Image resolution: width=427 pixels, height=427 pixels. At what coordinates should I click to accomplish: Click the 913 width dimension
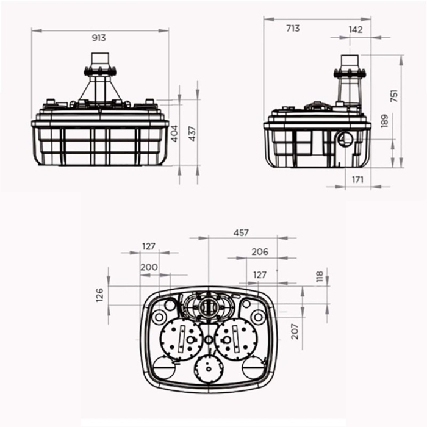tap(99, 38)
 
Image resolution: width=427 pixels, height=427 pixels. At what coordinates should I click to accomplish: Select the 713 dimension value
tap(293, 28)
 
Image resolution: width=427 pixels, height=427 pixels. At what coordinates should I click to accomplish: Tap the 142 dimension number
tap(356, 29)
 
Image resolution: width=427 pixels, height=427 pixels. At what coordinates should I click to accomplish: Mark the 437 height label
tap(193, 134)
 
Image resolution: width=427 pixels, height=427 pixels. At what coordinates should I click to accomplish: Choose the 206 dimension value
tap(260, 251)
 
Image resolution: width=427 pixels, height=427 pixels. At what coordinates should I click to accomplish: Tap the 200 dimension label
tap(148, 267)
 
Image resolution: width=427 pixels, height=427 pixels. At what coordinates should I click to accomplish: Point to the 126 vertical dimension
tap(100, 295)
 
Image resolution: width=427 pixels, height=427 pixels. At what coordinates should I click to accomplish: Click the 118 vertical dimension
tap(319, 276)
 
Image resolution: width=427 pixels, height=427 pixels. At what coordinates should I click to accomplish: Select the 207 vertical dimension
tap(295, 331)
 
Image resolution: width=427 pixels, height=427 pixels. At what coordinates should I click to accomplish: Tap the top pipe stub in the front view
tap(99, 61)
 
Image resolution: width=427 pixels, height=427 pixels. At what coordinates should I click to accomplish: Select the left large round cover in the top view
tap(182, 338)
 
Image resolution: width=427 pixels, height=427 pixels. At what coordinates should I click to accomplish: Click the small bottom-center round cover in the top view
tap(209, 368)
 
